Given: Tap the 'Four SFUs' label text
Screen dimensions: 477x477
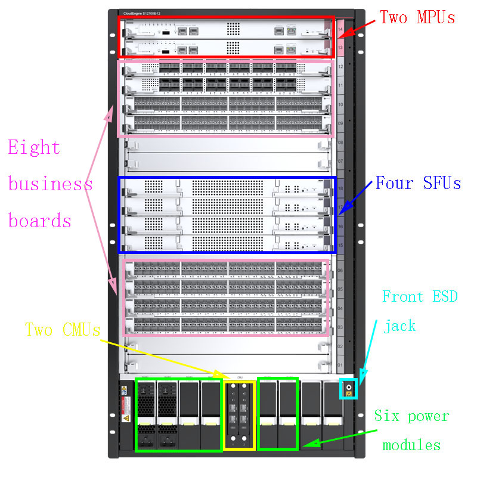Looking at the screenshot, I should (418, 182).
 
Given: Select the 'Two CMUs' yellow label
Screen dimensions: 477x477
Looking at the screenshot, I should (63, 330).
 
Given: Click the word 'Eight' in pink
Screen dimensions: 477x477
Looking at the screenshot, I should (34, 147).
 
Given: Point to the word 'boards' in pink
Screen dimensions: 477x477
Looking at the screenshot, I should (40, 221).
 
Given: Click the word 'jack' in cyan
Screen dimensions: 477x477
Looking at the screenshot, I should (400, 326).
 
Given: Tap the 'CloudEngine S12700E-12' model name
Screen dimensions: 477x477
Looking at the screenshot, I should (141, 13).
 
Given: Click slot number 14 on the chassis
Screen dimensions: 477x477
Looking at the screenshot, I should (340, 29).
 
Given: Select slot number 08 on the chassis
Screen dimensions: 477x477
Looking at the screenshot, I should (340, 144).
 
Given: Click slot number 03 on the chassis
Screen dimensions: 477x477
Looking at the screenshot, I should (340, 327).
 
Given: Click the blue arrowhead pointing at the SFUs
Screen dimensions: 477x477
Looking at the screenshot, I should (348, 206).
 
